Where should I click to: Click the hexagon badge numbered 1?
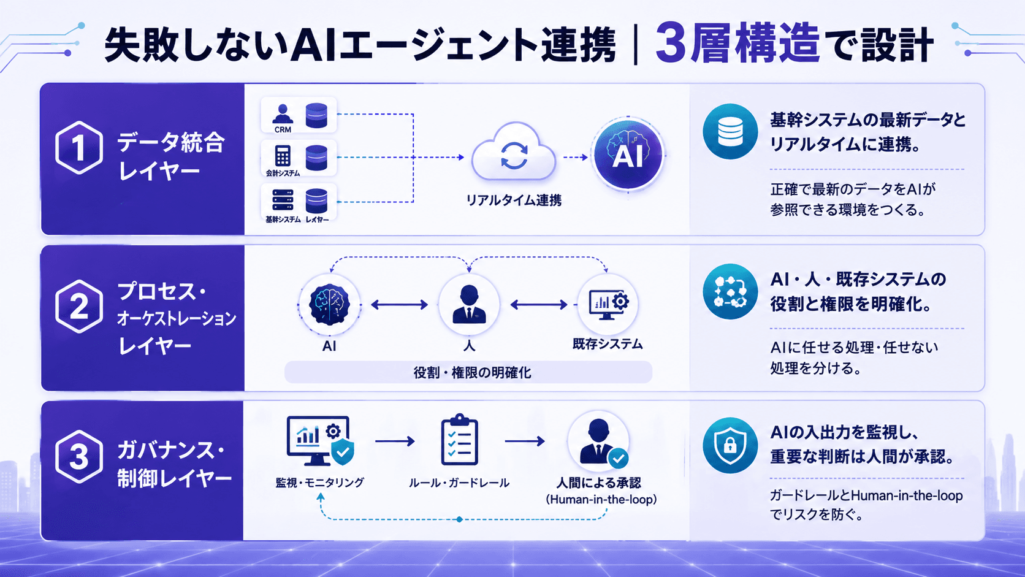[78, 148]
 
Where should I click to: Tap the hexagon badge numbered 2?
[78, 306]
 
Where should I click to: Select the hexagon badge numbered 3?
[78, 456]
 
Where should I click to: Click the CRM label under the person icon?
[283, 130]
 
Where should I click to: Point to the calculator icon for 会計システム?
[283, 156]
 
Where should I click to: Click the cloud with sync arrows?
[513, 152]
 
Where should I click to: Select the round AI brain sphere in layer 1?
[628, 155]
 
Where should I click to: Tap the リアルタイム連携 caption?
[513, 201]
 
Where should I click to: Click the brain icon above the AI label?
[329, 304]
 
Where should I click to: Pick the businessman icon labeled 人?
[468, 304]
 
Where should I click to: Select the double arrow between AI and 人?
[399, 305]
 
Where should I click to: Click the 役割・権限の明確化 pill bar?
[468, 372]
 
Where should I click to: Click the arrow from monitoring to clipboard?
[395, 441]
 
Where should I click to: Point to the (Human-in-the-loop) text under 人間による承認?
[601, 500]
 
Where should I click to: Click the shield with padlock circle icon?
[730, 445]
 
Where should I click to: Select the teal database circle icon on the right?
[730, 131]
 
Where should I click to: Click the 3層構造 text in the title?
[737, 44]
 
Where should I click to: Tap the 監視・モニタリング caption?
[320, 483]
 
